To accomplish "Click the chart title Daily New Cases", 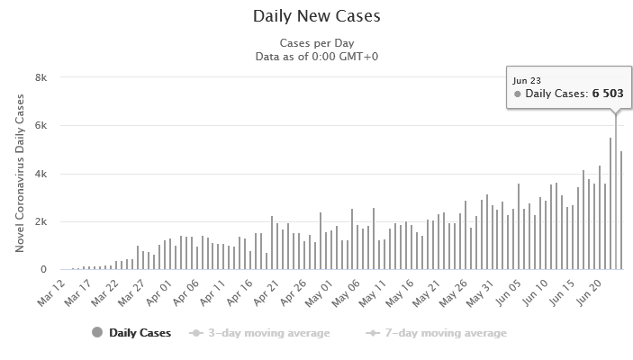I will pyautogui.click(x=316, y=16).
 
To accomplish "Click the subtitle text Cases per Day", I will pyautogui.click(x=316, y=43).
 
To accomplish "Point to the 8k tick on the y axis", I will pyautogui.click(x=41, y=77).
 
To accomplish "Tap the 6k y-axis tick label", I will pyautogui.click(x=41, y=126).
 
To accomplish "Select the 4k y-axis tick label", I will pyautogui.click(x=41, y=174).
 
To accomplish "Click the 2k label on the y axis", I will pyautogui.click(x=41, y=221).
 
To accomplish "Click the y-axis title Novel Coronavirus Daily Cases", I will pyautogui.click(x=19, y=174).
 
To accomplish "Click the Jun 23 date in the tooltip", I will pyautogui.click(x=527, y=79).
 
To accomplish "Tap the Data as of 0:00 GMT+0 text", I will pyautogui.click(x=316, y=57).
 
